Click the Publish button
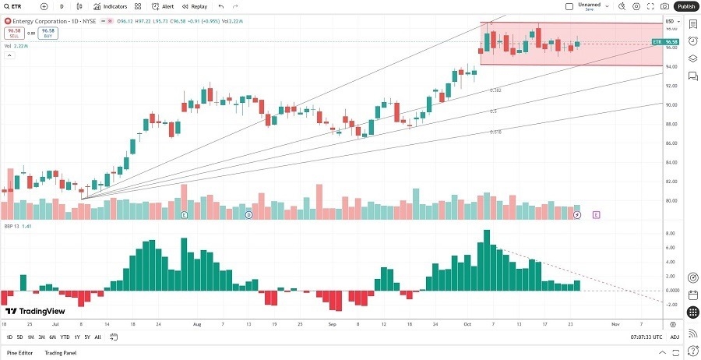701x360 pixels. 685,6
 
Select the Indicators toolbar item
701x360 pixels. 111,6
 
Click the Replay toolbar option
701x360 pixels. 195,6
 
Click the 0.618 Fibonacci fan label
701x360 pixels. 495,132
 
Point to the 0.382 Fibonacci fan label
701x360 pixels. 495,90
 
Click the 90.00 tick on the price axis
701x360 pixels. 671,105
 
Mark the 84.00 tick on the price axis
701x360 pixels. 671,163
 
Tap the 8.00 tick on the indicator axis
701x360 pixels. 670,234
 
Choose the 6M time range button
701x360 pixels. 52,337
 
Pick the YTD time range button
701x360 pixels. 65,337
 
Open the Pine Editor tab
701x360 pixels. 19,353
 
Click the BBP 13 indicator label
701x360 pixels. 11,226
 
